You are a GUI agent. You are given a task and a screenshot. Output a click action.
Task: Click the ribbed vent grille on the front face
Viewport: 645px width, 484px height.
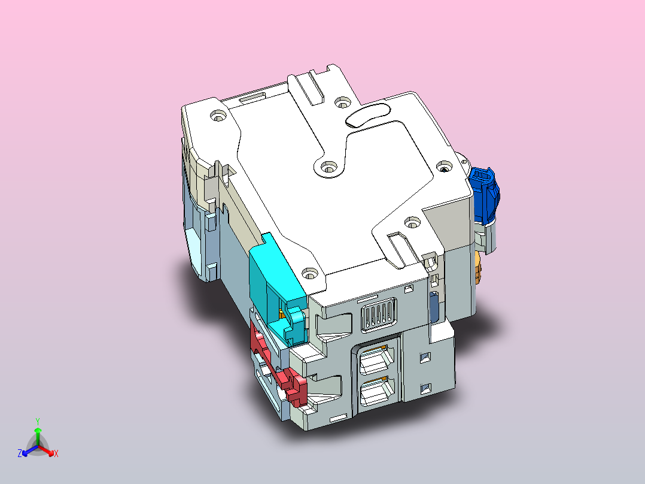coord(379,314)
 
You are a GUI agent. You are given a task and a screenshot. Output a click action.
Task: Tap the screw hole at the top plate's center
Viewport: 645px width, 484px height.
coord(327,168)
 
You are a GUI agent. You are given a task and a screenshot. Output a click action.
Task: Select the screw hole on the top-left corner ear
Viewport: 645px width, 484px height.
coord(217,115)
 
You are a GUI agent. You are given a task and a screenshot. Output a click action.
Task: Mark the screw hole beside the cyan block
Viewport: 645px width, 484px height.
coord(308,274)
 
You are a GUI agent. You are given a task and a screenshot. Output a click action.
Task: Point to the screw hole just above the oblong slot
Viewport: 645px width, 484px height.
coord(342,101)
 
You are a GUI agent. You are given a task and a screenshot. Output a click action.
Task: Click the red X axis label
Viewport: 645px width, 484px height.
coord(56,454)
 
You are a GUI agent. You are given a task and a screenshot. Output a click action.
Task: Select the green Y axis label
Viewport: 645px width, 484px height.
coord(38,421)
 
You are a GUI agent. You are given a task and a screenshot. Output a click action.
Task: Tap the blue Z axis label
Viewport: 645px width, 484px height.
coord(20,454)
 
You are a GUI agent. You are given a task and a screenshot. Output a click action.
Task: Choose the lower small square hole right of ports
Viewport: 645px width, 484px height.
coord(425,388)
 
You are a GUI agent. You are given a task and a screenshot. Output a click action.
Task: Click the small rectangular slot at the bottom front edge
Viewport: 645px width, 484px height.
coord(337,416)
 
